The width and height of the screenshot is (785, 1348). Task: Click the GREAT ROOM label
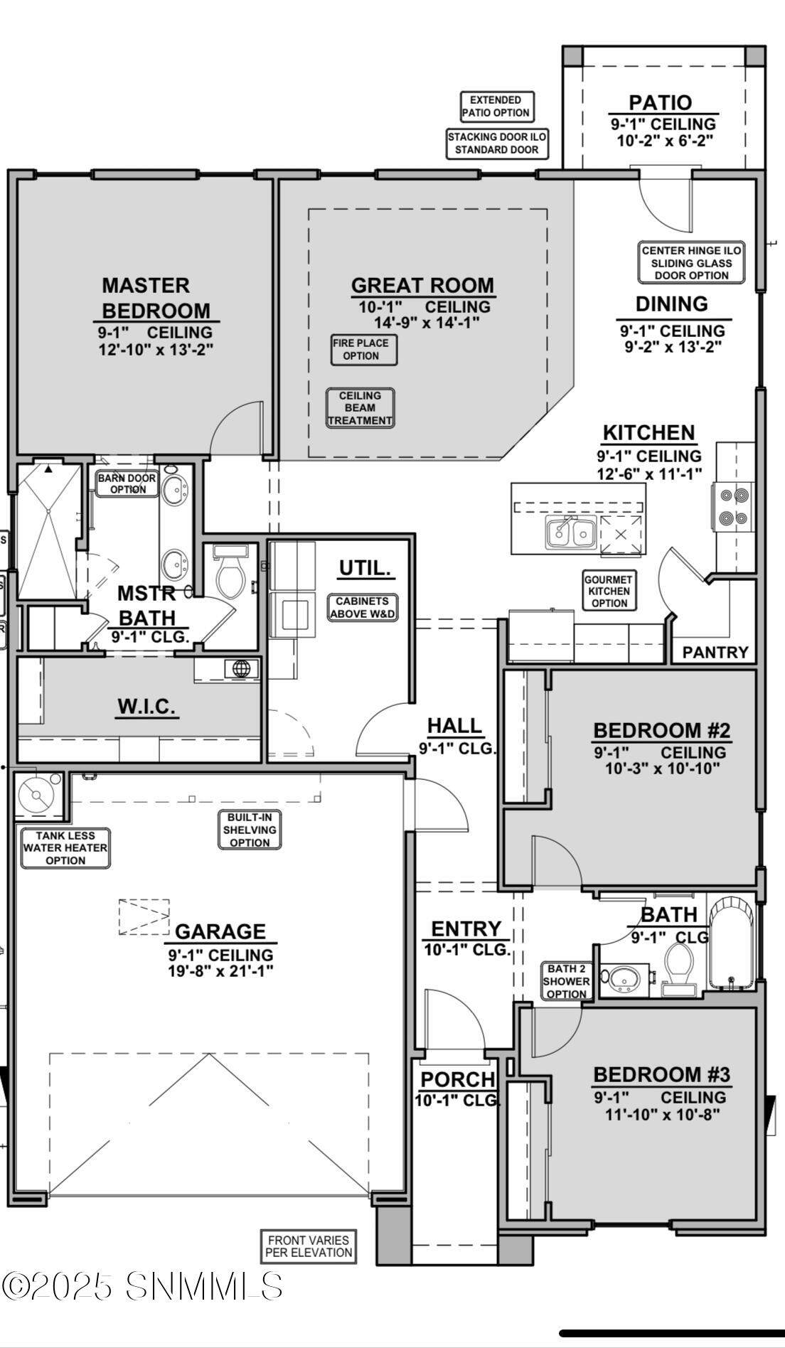pyautogui.click(x=423, y=285)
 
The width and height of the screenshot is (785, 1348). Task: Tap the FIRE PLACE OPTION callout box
pyautogui.click(x=364, y=349)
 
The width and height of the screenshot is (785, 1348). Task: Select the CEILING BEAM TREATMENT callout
pyautogui.click(x=360, y=408)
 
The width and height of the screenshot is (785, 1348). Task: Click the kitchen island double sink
pyautogui.click(x=571, y=532)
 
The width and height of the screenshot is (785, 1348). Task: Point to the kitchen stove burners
pyautogui.click(x=734, y=506)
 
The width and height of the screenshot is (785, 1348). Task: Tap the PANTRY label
pyautogui.click(x=715, y=652)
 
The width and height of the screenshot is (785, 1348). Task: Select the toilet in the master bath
pyautogui.click(x=230, y=572)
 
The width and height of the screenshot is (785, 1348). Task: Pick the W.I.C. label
pyautogui.click(x=146, y=707)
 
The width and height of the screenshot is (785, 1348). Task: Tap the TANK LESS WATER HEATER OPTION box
pyautogui.click(x=65, y=847)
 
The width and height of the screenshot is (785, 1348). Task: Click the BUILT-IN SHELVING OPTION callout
pyautogui.click(x=250, y=830)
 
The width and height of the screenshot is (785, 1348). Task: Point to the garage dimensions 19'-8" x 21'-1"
pyautogui.click(x=221, y=970)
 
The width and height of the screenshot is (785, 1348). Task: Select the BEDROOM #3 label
pyautogui.click(x=662, y=1074)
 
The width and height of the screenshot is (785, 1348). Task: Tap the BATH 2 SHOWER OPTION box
pyautogui.click(x=567, y=981)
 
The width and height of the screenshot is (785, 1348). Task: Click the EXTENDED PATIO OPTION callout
pyautogui.click(x=496, y=107)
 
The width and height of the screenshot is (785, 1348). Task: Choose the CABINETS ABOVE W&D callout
pyautogui.click(x=363, y=607)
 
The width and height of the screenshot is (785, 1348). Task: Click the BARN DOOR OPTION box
pyautogui.click(x=127, y=483)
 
